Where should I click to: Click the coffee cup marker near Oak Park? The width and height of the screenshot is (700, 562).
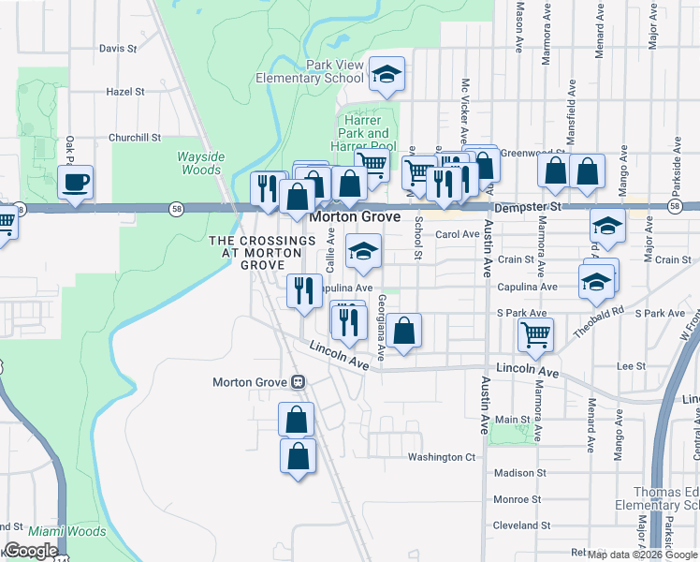click(75, 181)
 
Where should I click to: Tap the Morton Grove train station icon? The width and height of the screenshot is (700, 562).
click(298, 382)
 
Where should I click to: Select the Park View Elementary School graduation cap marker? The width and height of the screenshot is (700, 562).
click(386, 75)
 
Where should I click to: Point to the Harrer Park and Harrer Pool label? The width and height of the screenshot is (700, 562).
click(363, 133)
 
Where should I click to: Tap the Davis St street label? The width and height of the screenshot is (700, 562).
click(118, 48)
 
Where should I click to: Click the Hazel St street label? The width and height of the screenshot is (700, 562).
click(125, 92)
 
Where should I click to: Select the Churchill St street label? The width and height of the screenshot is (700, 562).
click(135, 137)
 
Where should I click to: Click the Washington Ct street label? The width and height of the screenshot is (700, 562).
click(442, 457)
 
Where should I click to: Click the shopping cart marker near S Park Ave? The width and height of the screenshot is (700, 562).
click(535, 333)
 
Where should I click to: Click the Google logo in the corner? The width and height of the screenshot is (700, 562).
click(30, 551)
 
